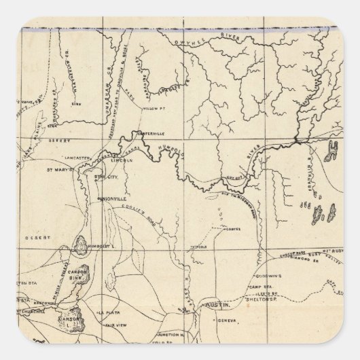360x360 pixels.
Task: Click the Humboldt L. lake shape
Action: coord(81,246)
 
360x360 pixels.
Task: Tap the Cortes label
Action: coord(234,230)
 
